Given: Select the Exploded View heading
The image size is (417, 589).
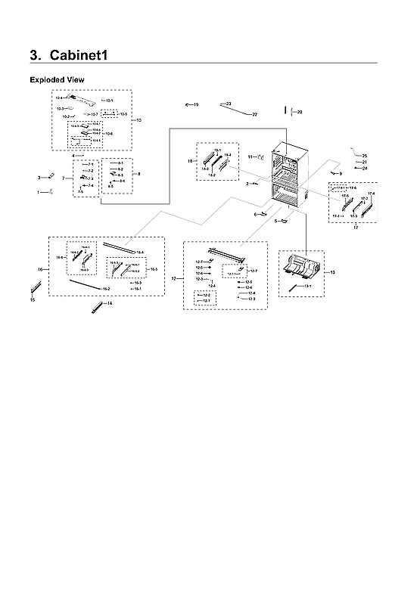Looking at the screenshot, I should coord(57,79).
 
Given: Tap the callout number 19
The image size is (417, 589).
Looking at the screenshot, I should coord(195,104).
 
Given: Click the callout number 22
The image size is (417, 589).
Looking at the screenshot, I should coord(254,114).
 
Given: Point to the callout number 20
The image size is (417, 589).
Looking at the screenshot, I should coord(299,112).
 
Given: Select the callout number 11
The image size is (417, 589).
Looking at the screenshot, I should coord(250,157).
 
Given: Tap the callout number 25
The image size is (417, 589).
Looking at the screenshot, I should coord(364,156).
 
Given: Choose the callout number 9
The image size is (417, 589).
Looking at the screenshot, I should coord(340,175).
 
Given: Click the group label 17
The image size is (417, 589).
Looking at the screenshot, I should coord(356,228).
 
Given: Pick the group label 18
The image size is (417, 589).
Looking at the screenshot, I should coord(191,161).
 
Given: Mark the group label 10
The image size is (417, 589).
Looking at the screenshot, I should coord(137,120).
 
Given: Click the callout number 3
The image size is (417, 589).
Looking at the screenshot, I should coord(39,178).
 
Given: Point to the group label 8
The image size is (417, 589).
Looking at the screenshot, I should coord(138,174).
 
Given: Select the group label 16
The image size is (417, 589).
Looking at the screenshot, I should coord(39,269).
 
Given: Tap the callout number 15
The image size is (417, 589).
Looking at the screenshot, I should coord(32,300).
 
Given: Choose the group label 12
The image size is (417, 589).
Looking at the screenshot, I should coord(174,279).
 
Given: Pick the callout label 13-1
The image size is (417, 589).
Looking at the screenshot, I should coord(308,287).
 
